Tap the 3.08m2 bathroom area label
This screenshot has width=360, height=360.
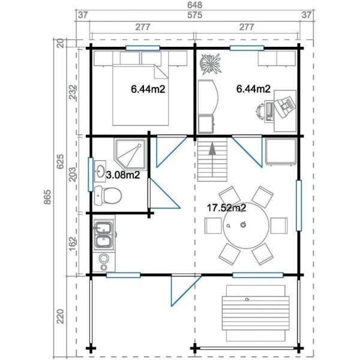coord(123,175)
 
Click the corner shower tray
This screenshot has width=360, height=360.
coord(128,154)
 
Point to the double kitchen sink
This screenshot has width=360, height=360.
coord(104,235)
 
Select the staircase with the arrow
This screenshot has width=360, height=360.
coord(212,160)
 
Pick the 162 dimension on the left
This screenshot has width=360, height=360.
coord(73,244)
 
